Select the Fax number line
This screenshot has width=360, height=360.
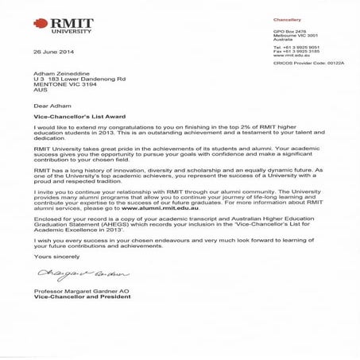[293, 52]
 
